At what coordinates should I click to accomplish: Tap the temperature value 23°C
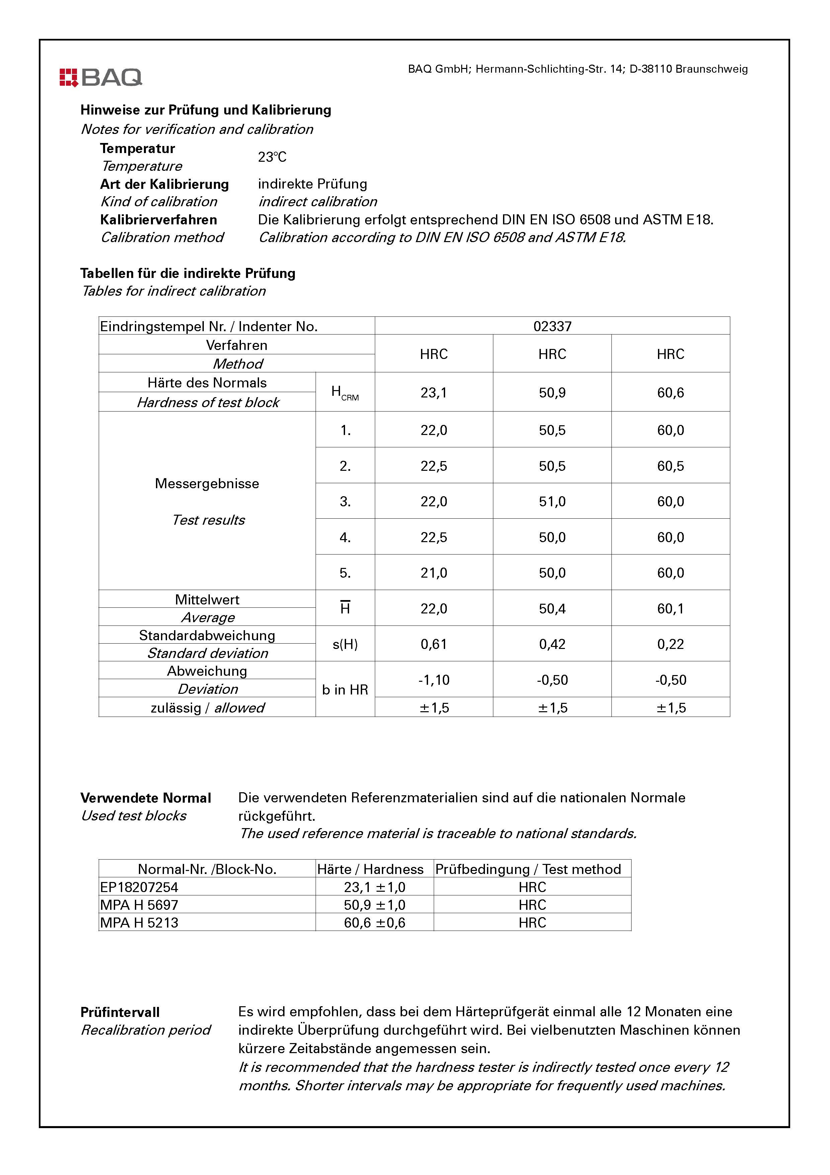point(272,157)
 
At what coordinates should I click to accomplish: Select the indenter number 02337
point(552,326)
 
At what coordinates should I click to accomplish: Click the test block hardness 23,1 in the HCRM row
point(434,392)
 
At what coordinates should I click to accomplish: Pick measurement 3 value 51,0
point(552,502)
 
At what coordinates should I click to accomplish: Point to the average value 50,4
point(552,608)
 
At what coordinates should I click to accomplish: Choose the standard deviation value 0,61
point(434,644)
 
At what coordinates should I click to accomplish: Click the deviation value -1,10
point(434,680)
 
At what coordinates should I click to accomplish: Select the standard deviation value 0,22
point(670,644)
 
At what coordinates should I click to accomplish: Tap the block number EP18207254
point(139,887)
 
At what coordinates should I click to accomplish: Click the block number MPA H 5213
point(139,923)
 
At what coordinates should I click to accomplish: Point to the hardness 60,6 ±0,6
point(375,923)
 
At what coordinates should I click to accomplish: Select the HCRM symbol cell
point(345,392)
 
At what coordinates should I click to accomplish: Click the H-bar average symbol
point(345,608)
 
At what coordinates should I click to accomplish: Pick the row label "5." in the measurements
point(345,573)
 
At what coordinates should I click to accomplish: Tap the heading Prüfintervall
point(120,1012)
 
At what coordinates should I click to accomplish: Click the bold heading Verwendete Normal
point(146,798)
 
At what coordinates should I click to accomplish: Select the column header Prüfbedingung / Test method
point(528,869)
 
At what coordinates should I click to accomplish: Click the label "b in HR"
point(345,690)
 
